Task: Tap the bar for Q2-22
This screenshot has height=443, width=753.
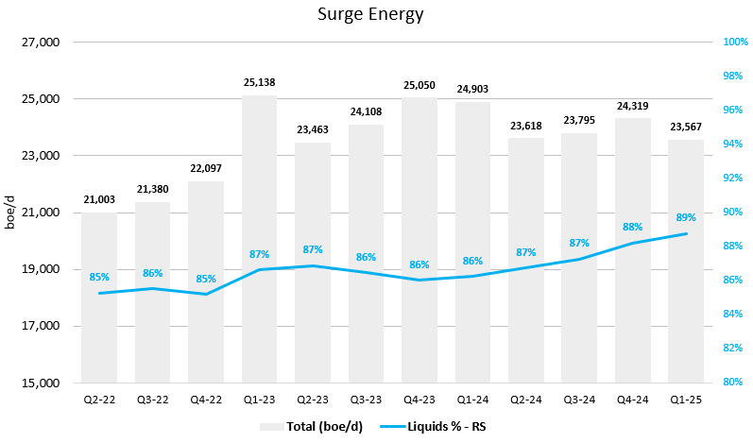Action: pyautogui.click(x=99, y=321)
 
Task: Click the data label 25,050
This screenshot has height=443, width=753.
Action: pyautogui.click(x=419, y=85)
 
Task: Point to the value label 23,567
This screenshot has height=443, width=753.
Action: pyautogui.click(x=686, y=128)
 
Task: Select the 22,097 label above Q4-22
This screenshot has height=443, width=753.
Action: pyautogui.click(x=206, y=169)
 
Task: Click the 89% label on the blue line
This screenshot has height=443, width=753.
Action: pyautogui.click(x=686, y=216)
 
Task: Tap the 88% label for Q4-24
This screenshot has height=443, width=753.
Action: pyautogui.click(x=633, y=227)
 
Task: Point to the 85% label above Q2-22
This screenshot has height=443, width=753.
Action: pyautogui.click(x=99, y=277)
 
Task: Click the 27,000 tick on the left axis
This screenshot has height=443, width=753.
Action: pyautogui.click(x=41, y=43)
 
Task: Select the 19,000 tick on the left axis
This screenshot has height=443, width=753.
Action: pyautogui.click(x=41, y=269)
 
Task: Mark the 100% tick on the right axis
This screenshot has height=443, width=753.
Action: pyautogui.click(x=710, y=43)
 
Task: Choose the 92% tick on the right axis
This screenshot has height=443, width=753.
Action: pyautogui.click(x=710, y=179)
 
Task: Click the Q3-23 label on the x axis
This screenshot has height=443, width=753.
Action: pyautogui.click(x=366, y=400)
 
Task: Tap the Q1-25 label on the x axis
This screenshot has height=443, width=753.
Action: pyautogui.click(x=686, y=400)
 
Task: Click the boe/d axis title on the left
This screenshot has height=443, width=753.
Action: pyautogui.click(x=12, y=213)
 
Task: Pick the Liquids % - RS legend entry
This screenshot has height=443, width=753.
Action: pyautogui.click(x=439, y=426)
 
